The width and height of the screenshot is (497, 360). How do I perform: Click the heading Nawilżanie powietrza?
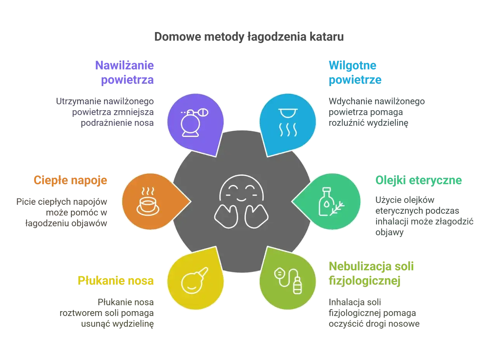[125, 72]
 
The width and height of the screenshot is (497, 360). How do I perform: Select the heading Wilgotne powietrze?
[355, 72]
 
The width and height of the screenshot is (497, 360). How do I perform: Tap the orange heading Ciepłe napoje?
[70, 180]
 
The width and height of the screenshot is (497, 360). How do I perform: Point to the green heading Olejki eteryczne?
[418, 180]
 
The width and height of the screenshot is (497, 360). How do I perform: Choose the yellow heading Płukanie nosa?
[116, 280]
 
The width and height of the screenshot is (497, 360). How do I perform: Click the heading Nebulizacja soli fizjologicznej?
[372, 273]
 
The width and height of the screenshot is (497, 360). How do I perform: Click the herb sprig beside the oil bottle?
[337, 208]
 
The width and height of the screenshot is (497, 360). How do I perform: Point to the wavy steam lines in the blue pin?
[288, 130]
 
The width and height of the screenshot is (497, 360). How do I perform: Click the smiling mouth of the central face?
[241, 199]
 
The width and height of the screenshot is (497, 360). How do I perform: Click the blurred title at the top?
[248, 38]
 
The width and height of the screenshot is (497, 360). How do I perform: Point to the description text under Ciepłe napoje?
[62, 211]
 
